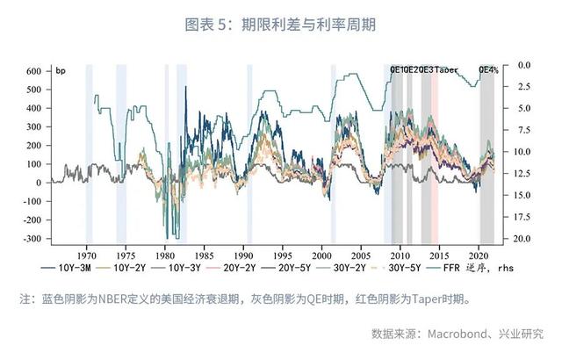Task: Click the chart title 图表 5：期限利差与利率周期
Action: (280, 25)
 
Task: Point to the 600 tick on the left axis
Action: (33, 70)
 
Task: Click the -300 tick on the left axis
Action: (32, 239)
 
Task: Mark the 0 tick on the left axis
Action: (40, 183)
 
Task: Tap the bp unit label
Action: (61, 69)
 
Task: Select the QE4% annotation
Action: (488, 69)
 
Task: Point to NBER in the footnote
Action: (116, 299)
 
